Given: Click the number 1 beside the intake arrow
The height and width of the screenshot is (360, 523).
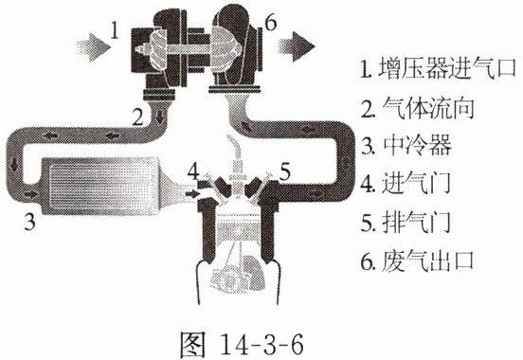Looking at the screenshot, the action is point(115,30).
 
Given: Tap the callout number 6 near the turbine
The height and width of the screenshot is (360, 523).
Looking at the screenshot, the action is point(270,23).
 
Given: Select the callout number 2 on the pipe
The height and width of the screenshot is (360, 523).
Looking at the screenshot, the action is point(137,117).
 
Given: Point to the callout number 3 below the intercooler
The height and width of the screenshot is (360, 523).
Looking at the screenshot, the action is point(29,222).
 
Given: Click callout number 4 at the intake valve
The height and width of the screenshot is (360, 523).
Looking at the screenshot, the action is point(193,171).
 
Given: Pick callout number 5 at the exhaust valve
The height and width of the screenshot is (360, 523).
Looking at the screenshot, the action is point(284,172).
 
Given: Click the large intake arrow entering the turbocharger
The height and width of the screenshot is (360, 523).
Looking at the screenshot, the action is point(93,47).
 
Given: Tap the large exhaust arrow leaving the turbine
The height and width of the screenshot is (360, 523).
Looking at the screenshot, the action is point(297,46).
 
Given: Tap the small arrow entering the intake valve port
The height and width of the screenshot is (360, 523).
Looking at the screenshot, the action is point(191,193).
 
